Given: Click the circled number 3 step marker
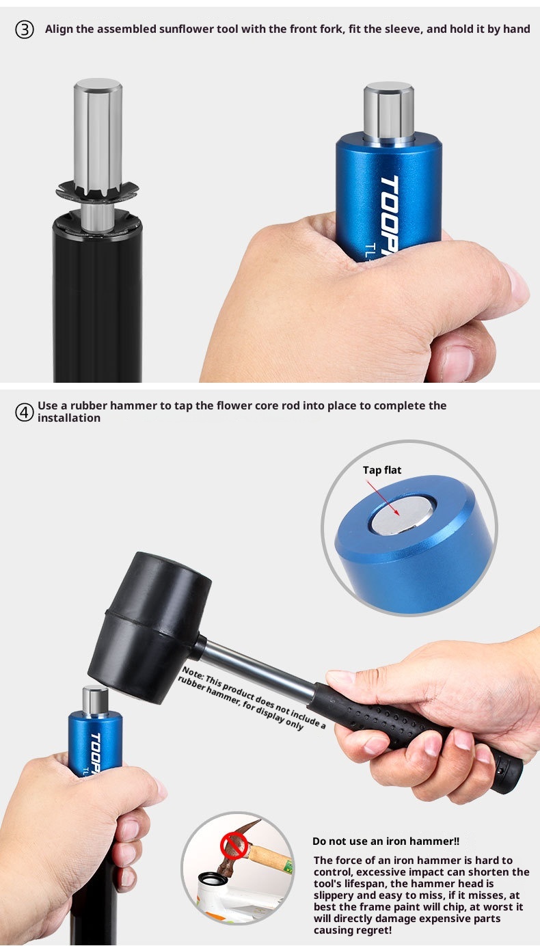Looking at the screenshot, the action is (x=25, y=29).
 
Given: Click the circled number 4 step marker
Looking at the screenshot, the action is (x=25, y=412).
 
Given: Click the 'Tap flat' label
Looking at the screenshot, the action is (x=382, y=470).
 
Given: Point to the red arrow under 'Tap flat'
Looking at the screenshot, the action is (x=383, y=498).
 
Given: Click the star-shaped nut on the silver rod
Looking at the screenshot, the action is (x=98, y=191).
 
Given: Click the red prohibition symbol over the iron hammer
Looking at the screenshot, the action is (x=234, y=845).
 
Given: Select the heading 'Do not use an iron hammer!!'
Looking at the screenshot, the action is (x=386, y=841).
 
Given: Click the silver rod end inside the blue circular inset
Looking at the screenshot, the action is (x=402, y=514).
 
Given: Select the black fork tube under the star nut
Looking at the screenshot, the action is (x=98, y=300).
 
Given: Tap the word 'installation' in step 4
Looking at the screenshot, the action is (x=69, y=418).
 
